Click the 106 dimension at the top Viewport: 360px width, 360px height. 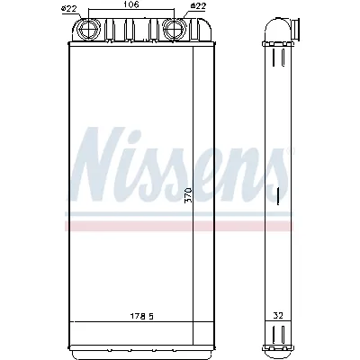pyautogui.click(x=131, y=6)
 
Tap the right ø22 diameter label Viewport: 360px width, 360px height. pyautogui.click(x=197, y=8)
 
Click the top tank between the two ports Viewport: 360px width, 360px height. pyautogui.click(x=131, y=32)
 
